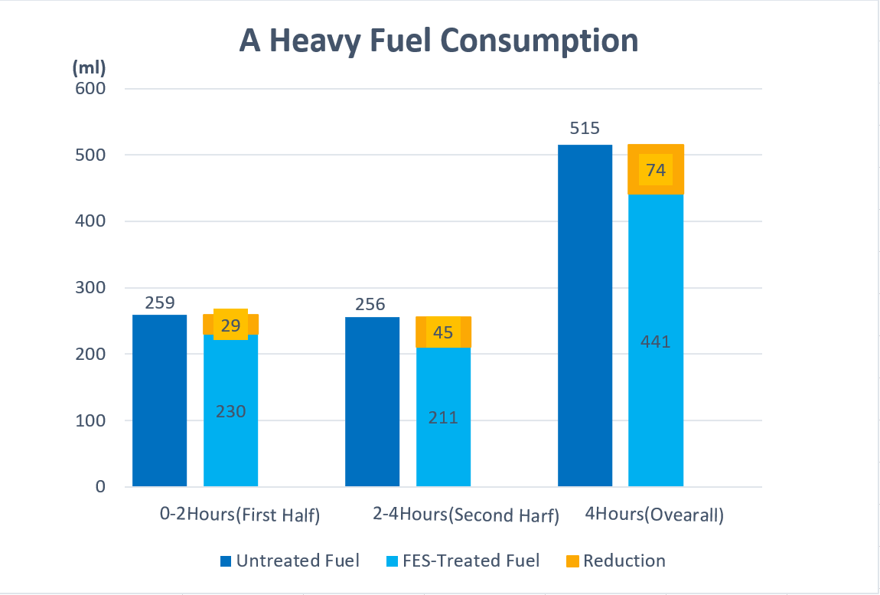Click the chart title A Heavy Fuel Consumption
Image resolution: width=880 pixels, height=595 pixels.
(438, 40)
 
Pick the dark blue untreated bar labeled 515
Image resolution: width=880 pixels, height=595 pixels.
(585, 315)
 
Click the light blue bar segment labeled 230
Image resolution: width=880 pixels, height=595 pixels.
(230, 411)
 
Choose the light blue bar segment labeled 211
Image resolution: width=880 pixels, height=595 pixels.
(443, 417)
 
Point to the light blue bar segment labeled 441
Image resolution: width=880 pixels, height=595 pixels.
(656, 342)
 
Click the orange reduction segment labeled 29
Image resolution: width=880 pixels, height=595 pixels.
(230, 325)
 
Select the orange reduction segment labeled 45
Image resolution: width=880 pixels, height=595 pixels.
(443, 332)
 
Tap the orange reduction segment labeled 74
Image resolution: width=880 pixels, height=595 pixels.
(656, 170)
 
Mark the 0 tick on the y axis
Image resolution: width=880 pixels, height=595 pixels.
(101, 487)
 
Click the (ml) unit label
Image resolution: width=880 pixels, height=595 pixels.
(89, 67)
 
